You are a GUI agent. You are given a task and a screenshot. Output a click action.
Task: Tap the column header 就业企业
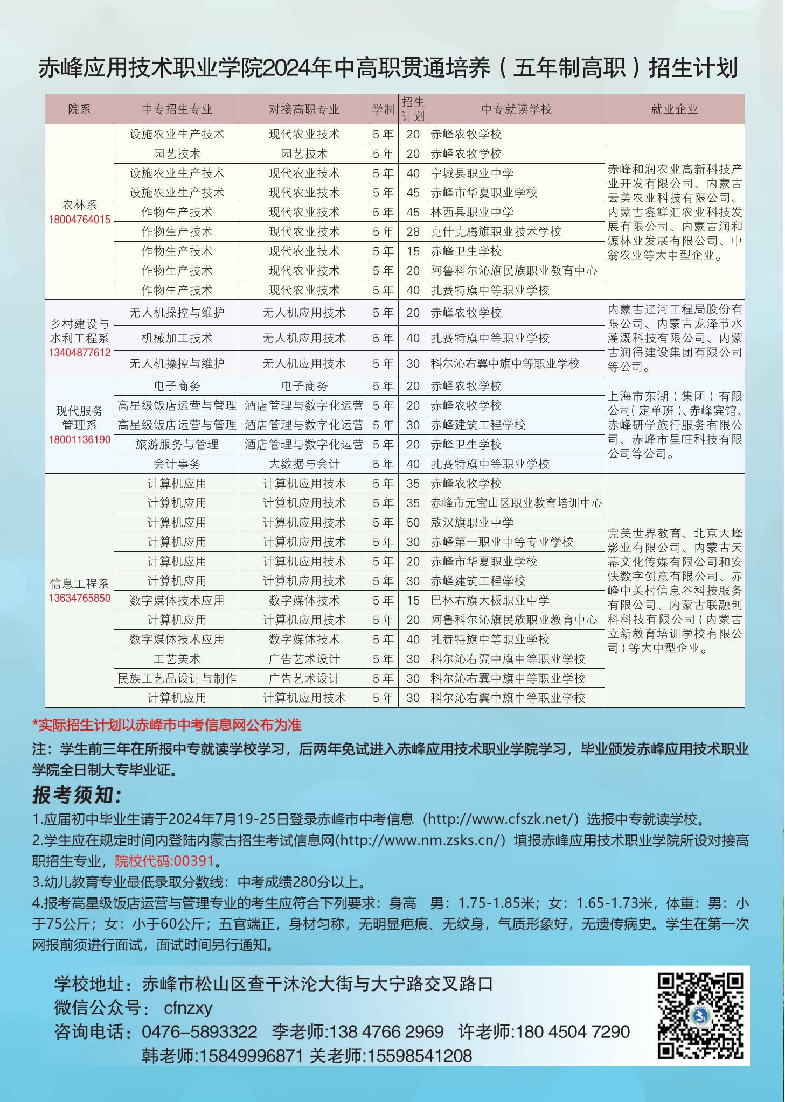[x=674, y=109]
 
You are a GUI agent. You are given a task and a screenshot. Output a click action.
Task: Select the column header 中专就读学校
[x=516, y=109]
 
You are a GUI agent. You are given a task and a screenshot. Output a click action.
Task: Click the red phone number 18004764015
[x=79, y=220]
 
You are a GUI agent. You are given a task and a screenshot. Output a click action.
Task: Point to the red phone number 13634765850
[x=79, y=598]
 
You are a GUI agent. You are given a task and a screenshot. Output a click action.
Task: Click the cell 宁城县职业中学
[x=471, y=173]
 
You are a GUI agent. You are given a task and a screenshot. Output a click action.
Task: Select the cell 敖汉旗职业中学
[x=471, y=522]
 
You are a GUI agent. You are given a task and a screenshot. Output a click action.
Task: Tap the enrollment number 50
[x=413, y=522]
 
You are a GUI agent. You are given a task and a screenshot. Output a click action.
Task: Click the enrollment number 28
[x=413, y=231]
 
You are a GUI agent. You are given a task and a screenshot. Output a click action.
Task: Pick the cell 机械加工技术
[x=177, y=338]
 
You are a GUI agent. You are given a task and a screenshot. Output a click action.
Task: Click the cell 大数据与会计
[x=304, y=464]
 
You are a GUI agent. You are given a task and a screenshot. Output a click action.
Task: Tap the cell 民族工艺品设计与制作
[x=177, y=678]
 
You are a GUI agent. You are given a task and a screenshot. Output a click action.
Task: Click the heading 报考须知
[x=77, y=795]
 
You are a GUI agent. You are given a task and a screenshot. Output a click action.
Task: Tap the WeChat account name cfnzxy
[x=188, y=1007]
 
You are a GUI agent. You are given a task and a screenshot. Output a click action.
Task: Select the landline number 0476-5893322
[x=199, y=1031]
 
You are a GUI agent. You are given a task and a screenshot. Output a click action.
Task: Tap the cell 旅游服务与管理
[x=177, y=445]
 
